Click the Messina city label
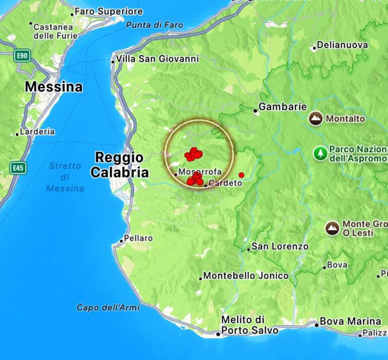tap(54, 87)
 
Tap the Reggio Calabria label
tap(119, 165)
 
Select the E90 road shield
tap(22, 55)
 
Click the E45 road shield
tap(18, 168)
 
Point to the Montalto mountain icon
tap(316, 119)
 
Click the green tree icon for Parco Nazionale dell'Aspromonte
tap(320, 153)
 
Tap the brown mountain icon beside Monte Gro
tap(332, 228)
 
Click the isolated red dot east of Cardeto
tap(241, 175)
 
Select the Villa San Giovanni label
tap(157, 59)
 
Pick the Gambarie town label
tap(282, 107)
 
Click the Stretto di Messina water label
tap(65, 177)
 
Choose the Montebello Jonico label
tap(246, 276)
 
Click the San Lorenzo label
tap(280, 246)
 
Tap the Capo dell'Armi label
tap(108, 307)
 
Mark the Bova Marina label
tap(351, 321)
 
